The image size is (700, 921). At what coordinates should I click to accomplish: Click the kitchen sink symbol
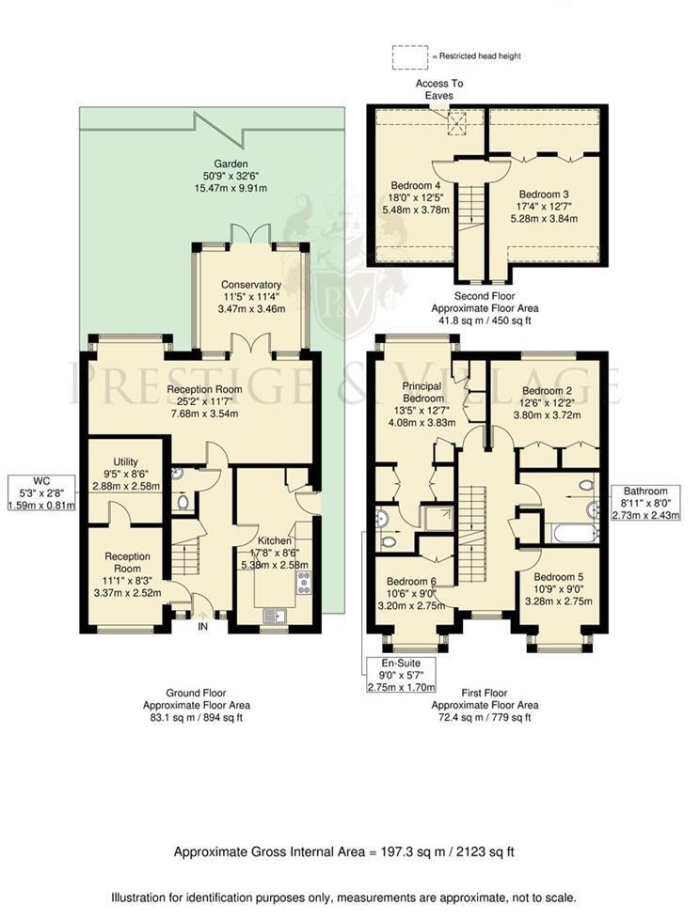[x=275, y=617]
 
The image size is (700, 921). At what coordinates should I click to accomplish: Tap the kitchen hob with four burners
[x=304, y=584]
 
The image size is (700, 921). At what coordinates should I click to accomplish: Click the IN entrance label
[x=201, y=627]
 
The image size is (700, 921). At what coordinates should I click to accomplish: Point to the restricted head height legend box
[x=410, y=56]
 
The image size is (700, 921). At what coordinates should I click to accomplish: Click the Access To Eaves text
[x=439, y=89]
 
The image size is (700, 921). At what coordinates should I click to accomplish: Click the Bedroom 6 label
[x=405, y=594]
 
